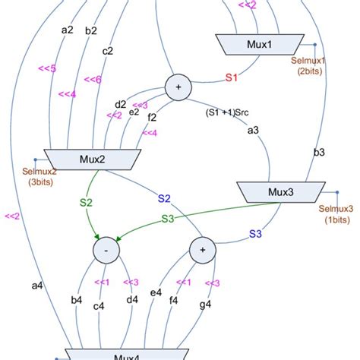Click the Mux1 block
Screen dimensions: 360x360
(260, 45)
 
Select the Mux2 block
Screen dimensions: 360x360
(91, 159)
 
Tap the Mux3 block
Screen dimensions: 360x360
(281, 192)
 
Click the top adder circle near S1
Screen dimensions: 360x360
(179, 87)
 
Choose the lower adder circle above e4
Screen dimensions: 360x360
(203, 249)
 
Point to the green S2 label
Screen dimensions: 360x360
(85, 203)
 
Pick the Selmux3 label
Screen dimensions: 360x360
(336, 213)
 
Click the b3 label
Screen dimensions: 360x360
(319, 153)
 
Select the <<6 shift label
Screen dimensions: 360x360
(92, 79)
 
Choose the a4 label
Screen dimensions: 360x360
(36, 286)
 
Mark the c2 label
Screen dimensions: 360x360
(108, 52)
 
